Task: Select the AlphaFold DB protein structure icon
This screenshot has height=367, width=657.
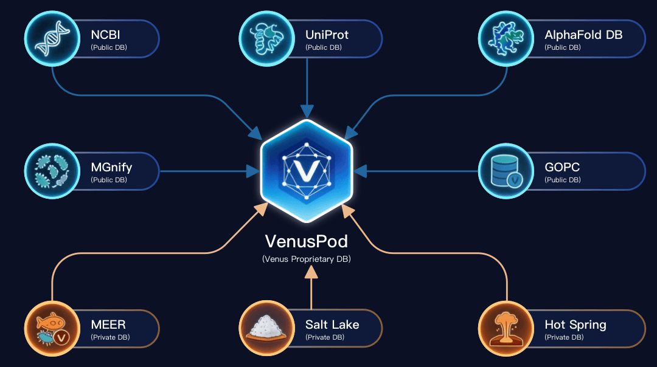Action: coord(506,38)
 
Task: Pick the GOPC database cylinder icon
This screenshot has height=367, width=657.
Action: coord(506,171)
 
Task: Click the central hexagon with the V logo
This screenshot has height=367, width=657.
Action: coord(307,171)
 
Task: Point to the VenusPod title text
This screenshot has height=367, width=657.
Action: coord(307,241)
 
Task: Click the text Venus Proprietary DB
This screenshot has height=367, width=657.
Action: coord(307,259)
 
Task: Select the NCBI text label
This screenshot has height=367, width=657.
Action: coord(105,35)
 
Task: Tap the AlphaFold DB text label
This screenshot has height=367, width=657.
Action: coord(583,35)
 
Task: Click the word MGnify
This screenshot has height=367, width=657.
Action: coord(111,167)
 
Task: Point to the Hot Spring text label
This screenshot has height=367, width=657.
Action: coord(575,324)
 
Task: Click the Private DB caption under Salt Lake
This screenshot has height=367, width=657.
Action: coord(324,337)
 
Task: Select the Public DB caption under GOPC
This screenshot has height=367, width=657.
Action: coord(563,180)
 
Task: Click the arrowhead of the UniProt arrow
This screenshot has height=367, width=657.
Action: coord(307,111)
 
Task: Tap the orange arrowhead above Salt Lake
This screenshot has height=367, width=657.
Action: coord(311,274)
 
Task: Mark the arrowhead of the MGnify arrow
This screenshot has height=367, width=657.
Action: coord(252,171)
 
